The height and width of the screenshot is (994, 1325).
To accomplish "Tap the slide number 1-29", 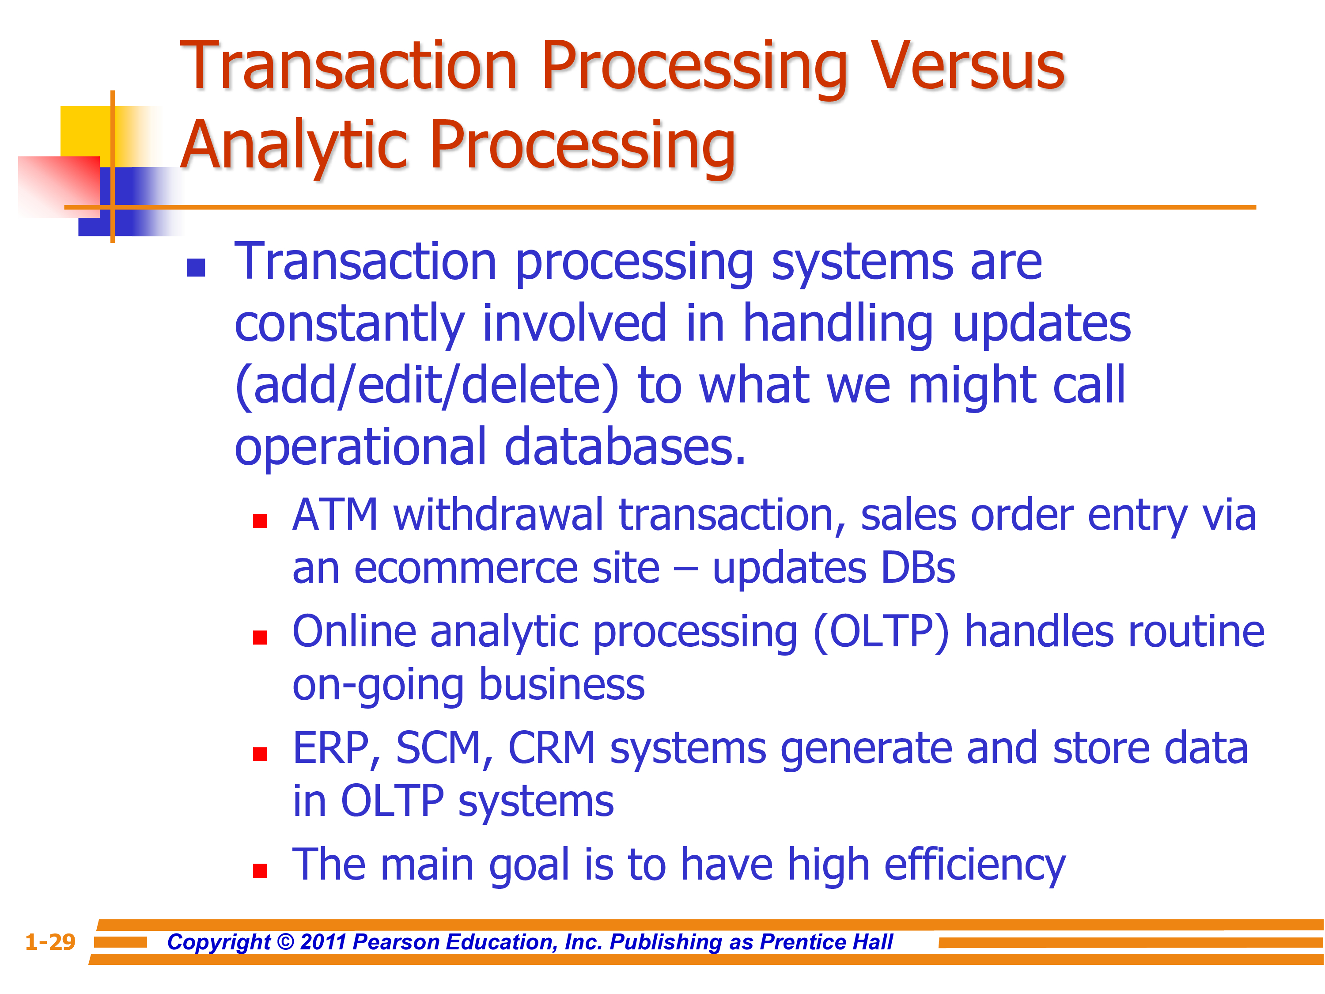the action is point(50,942).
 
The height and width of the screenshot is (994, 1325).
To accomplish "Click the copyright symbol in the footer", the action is point(286,942).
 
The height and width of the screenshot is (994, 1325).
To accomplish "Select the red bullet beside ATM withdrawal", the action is point(260,521).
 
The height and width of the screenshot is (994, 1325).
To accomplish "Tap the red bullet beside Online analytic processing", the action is point(260,637).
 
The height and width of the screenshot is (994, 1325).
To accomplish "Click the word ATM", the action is point(335,515).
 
